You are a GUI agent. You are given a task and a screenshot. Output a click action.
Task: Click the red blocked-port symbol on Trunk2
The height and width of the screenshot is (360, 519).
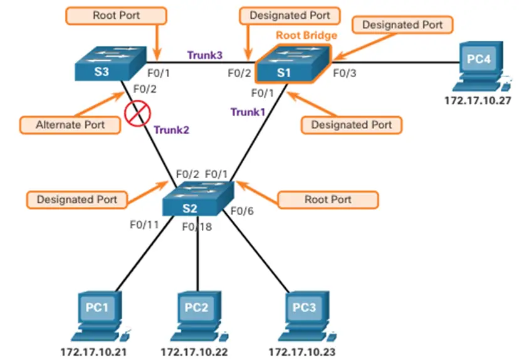click(x=135, y=114)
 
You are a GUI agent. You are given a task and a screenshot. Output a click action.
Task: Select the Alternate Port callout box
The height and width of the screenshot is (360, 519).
click(x=70, y=124)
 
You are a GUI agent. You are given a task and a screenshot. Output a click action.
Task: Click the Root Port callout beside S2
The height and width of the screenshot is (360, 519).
click(x=328, y=199)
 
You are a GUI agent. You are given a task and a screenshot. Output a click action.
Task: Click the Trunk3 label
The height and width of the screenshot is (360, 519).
click(x=204, y=55)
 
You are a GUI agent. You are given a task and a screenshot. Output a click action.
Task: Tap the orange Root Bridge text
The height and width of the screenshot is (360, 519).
click(x=307, y=35)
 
